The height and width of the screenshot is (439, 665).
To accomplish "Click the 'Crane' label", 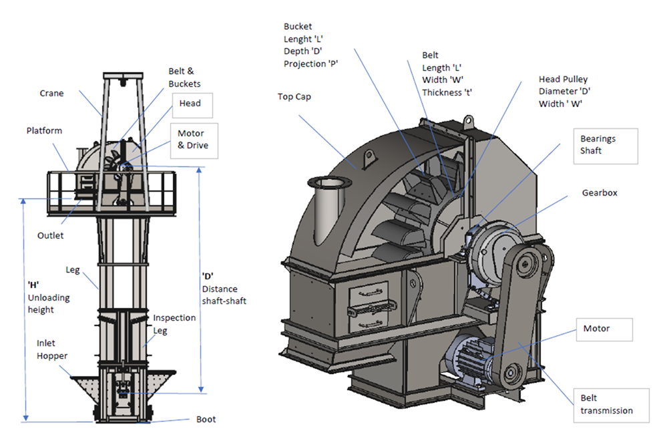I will tap(51, 94).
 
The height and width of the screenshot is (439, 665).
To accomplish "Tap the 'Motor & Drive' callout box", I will tap(194, 140).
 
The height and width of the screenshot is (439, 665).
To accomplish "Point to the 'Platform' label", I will tap(44, 131).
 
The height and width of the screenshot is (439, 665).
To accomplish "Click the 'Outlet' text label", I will tap(50, 235).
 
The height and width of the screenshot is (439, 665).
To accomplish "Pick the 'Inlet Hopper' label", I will tap(52, 349).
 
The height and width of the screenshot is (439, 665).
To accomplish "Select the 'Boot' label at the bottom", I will tap(206, 420).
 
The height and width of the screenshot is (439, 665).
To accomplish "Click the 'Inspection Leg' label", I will tap(174, 324).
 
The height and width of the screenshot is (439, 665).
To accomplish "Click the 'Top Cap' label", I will tap(294, 97).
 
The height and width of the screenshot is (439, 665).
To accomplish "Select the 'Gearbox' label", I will tap(599, 192).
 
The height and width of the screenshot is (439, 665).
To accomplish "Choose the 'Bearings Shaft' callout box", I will tap(604, 145).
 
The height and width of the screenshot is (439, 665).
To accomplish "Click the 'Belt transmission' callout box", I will tap(610, 404).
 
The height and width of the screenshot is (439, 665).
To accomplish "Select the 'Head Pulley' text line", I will tap(565, 80).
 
